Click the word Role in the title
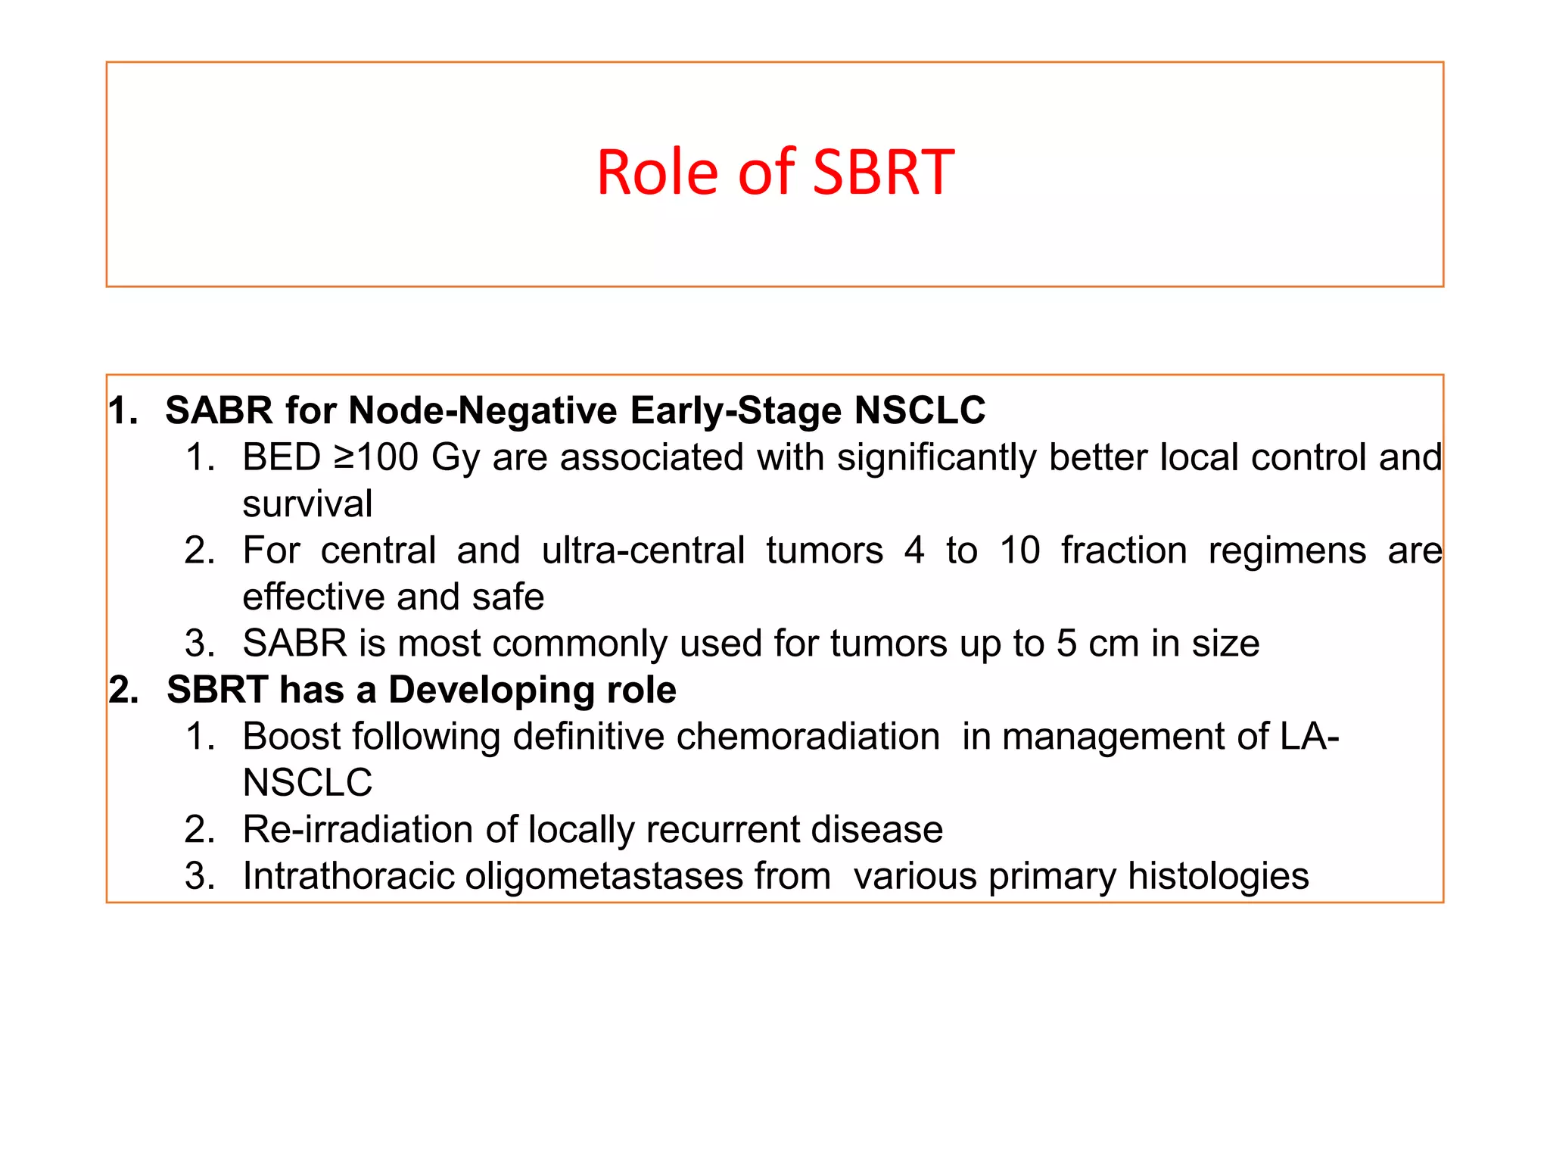[657, 173]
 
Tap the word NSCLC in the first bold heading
[920, 411]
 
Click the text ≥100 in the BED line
[375, 457]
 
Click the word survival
[307, 504]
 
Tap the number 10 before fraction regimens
[1019, 550]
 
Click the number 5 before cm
[1066, 644]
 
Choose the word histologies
[1218, 877]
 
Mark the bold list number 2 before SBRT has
[123, 691]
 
